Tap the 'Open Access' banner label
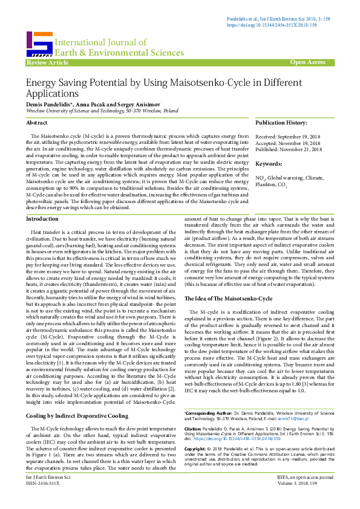point(308,62)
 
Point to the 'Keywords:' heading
point(269,164)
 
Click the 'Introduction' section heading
point(43,202)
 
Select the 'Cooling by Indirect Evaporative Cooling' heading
point(77,382)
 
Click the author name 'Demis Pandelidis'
point(49,104)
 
